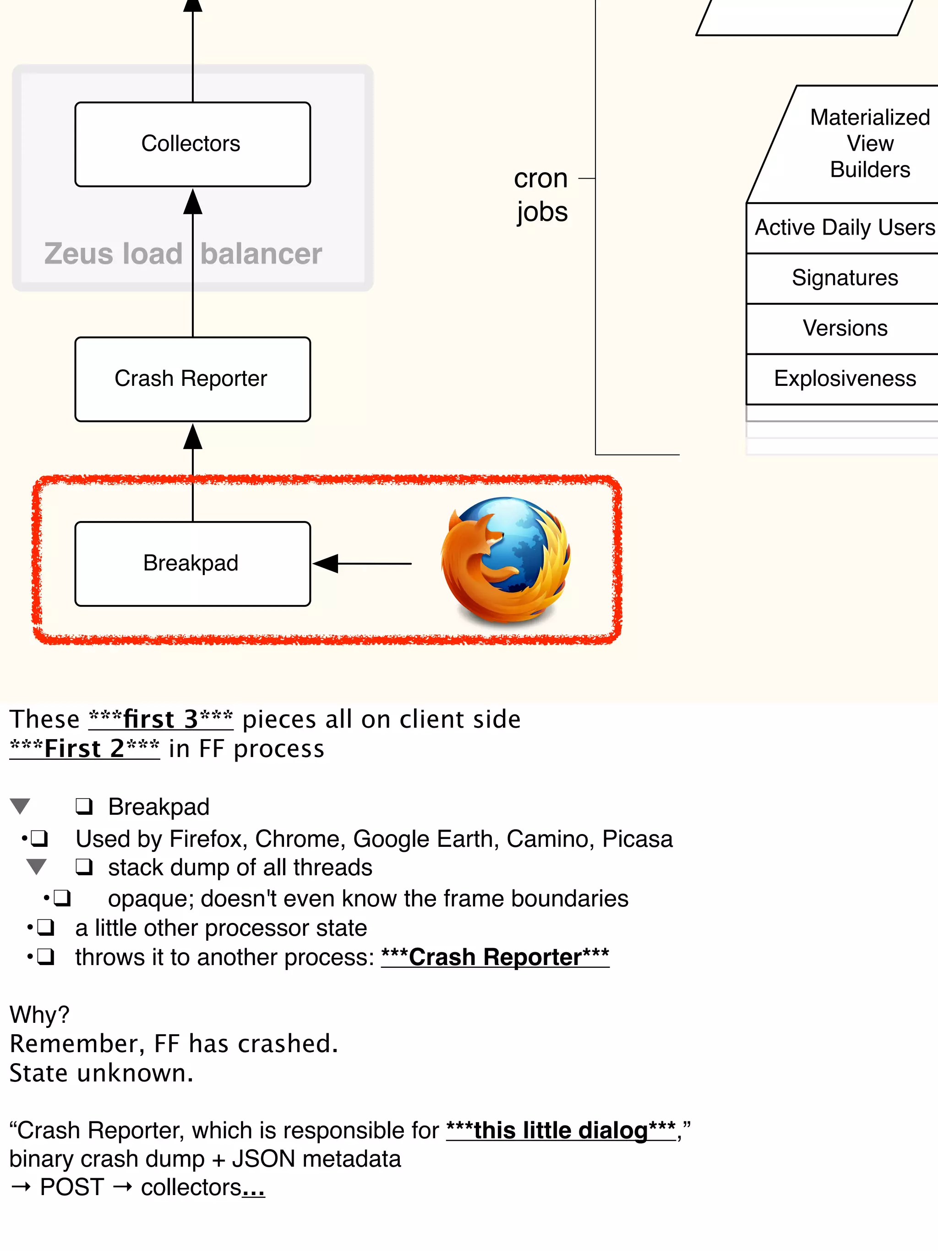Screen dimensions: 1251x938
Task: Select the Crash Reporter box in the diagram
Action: coord(192,379)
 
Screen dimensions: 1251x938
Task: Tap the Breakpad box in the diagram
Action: coord(192,563)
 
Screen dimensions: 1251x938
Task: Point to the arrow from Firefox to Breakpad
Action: coord(362,563)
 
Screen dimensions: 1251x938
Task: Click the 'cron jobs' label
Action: coord(541,195)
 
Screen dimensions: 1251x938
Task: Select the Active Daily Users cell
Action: coord(844,227)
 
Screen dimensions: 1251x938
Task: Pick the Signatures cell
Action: coord(844,278)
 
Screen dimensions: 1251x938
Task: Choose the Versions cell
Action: coord(845,328)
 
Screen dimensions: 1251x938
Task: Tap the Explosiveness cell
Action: coord(844,379)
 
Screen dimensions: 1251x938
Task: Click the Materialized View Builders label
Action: coord(870,143)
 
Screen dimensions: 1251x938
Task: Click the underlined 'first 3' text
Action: coord(161,719)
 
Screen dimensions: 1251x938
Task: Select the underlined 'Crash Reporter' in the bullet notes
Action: coord(495,957)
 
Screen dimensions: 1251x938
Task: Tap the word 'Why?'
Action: coord(39,1014)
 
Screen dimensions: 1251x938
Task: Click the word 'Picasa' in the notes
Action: coord(637,839)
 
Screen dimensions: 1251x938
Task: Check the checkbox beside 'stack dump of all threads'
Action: coord(84,867)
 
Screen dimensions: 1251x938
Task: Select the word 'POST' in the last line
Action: coord(72,1187)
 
